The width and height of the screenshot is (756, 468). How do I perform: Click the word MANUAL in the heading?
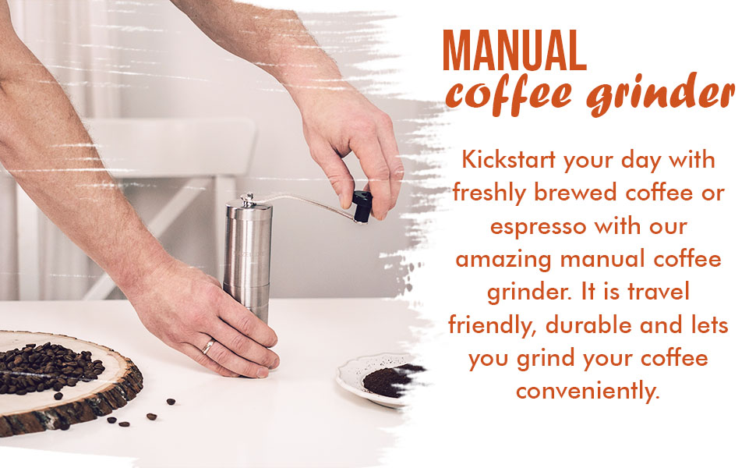coord(514,53)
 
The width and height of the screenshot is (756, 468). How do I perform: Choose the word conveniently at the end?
coord(588,390)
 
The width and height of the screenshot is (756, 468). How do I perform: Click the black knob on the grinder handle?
coord(361,205)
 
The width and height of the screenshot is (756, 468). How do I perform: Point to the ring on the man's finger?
coord(209,346)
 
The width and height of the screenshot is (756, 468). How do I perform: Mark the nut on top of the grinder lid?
coord(247,198)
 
